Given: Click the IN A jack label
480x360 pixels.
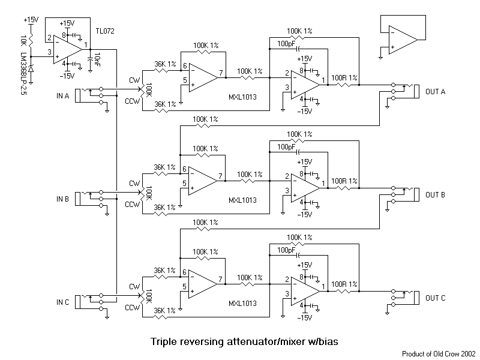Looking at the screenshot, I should coord(62,95).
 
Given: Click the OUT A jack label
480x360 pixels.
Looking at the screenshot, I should coord(434,91).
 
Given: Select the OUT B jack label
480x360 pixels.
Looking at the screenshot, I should coord(434,194).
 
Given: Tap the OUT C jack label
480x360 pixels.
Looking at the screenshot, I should coord(434,297).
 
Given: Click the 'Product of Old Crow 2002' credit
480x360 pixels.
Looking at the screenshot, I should coord(439,354).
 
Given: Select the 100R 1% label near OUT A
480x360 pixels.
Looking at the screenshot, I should coord(344,78).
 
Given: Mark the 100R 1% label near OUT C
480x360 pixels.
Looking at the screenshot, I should coord(344,284).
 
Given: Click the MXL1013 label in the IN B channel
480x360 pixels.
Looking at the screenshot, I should coord(243,199).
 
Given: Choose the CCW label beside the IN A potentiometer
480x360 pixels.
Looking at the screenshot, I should coord(133,101).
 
